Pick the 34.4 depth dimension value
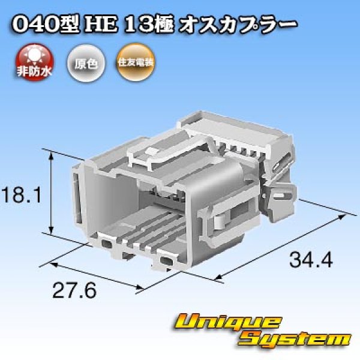coord(311,261)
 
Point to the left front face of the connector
coord(84,192)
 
